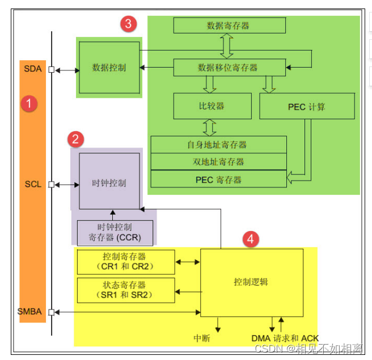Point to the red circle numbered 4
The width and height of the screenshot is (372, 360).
coord(250,239)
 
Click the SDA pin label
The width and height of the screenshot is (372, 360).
coord(32,69)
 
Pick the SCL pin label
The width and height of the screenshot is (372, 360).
coord(33,185)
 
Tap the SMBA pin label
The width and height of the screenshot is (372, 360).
coord(29,312)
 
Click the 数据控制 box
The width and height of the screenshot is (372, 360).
coord(109,68)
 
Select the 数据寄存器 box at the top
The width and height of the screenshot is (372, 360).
coord(228,26)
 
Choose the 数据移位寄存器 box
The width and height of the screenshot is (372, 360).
coord(228,68)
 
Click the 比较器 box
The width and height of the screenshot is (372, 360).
coord(212,106)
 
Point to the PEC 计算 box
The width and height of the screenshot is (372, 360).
coord(307,106)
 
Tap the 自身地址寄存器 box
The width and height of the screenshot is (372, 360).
coord(218,145)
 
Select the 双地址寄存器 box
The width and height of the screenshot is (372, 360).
coord(218,162)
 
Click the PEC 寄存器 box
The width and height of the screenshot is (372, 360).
coord(218,179)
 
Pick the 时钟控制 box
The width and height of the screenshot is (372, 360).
coord(109,183)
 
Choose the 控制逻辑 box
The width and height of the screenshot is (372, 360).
coord(251,282)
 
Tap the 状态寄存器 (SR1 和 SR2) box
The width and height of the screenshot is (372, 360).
coord(126,290)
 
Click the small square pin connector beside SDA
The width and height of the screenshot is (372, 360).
coord(52,70)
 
